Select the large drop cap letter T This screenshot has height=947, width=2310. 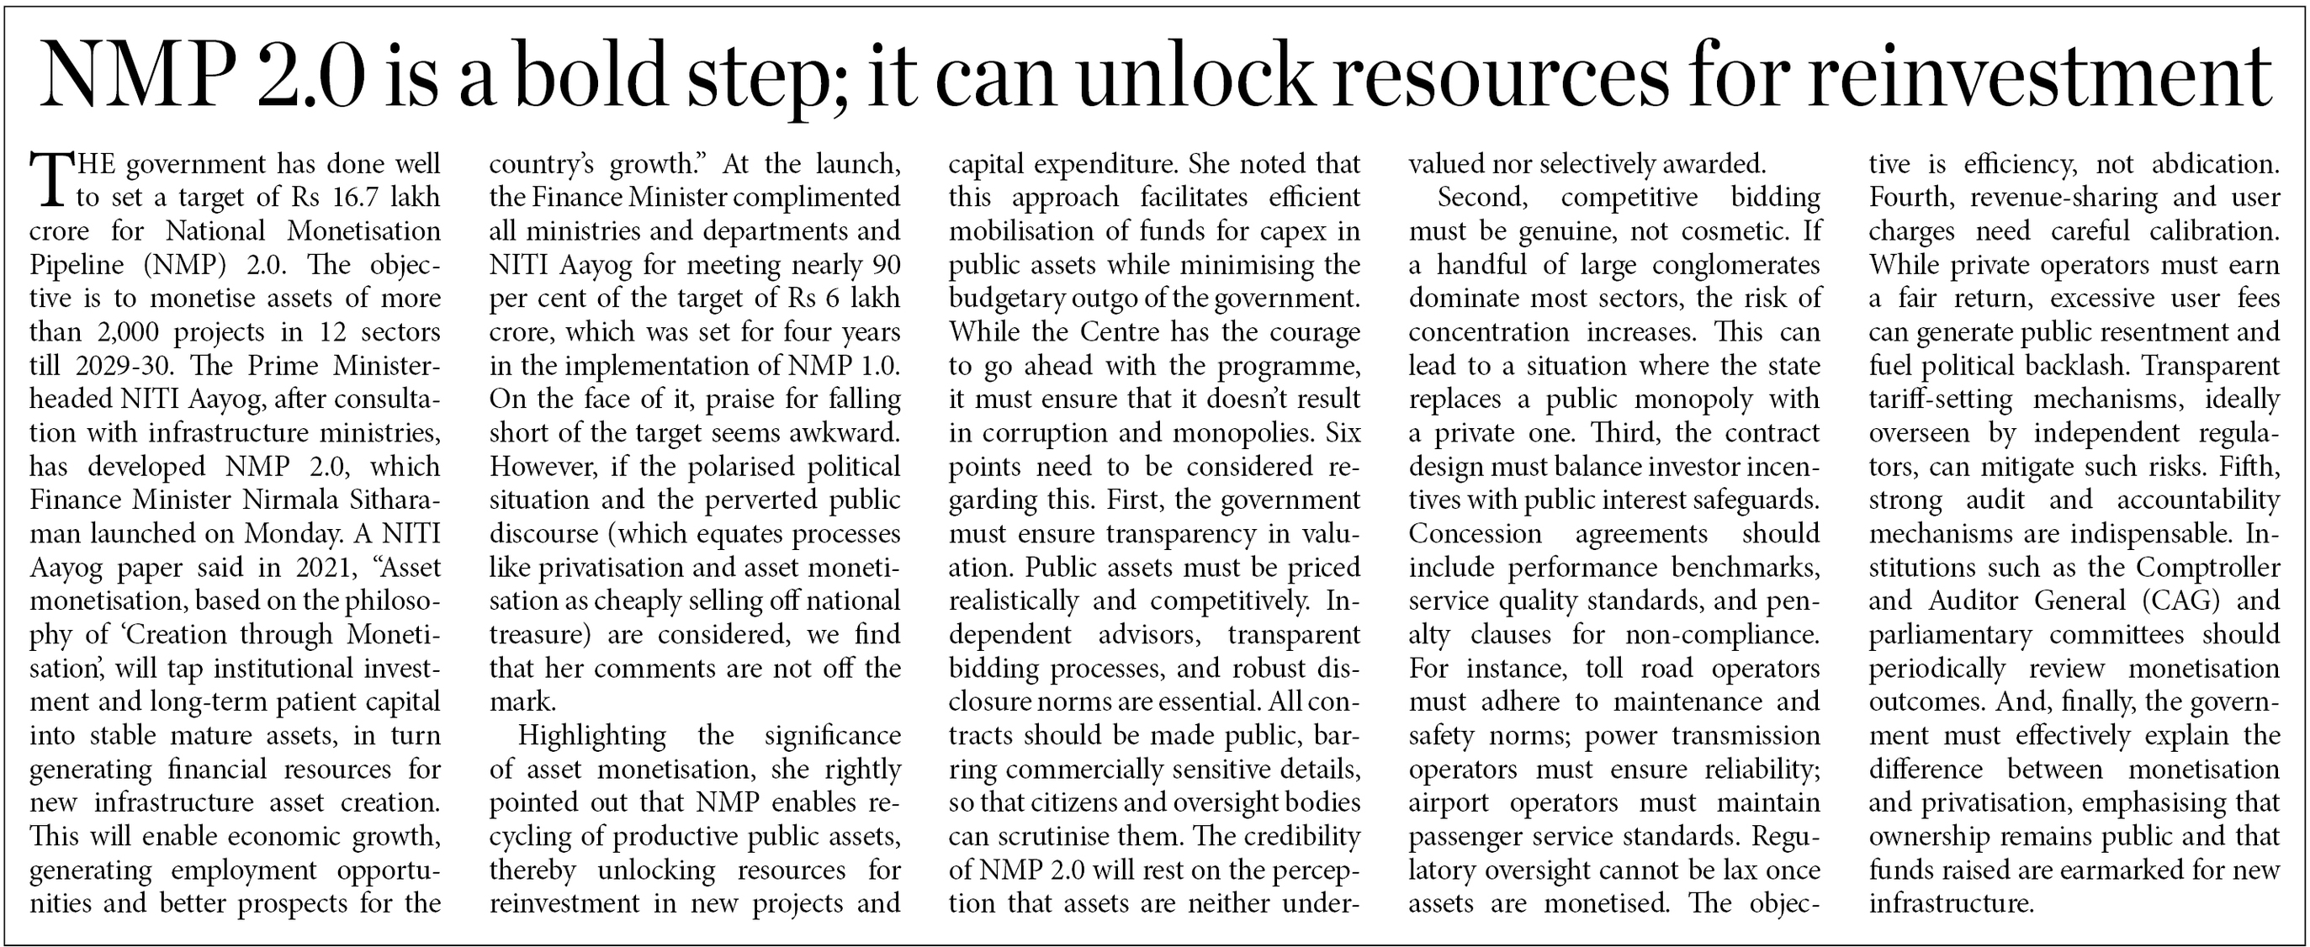point(50,179)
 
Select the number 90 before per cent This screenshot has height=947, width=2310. point(883,265)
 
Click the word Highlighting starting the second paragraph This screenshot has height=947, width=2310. point(592,735)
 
